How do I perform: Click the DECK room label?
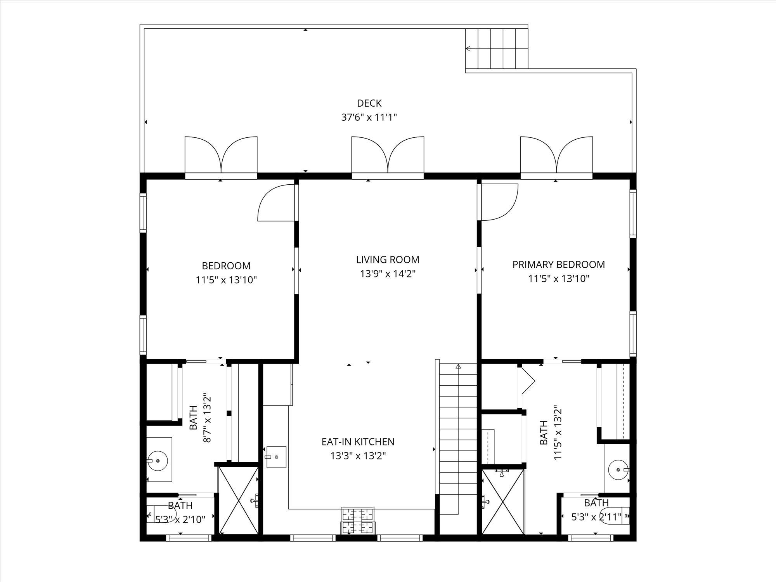coord(369,103)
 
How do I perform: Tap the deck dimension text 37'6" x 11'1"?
coord(369,117)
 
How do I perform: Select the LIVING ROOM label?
coord(388,260)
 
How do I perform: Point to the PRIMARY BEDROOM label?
coord(558,265)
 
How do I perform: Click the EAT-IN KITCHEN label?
coord(358,442)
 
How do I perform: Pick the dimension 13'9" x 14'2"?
coord(388,274)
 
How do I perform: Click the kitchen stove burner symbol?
coord(357,520)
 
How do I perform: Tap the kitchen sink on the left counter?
coord(276,457)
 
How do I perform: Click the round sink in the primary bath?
coord(618,470)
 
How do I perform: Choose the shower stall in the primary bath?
coord(503,502)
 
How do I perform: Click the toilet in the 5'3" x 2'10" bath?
coord(161,515)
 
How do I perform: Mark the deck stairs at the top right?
coord(497,48)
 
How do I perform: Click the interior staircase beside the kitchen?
coord(458,438)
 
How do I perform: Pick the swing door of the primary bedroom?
coord(499,202)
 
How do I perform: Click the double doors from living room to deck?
coord(388,155)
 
